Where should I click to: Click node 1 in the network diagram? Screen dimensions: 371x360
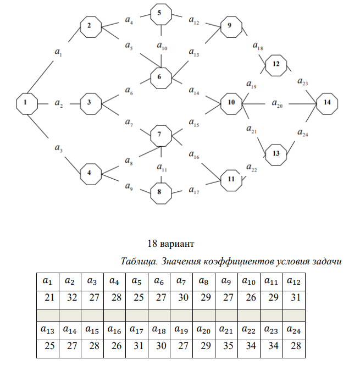tap(25, 103)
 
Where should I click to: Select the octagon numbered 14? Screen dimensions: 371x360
tap(327, 103)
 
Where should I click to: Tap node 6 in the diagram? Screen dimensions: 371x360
tap(159, 77)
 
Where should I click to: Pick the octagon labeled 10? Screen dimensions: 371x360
tap(231, 103)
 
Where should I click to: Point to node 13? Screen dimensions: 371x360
tap(276, 154)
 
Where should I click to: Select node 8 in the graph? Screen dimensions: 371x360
tap(160, 192)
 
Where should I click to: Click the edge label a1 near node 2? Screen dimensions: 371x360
tap(59, 53)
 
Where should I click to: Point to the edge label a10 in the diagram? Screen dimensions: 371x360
tap(162, 48)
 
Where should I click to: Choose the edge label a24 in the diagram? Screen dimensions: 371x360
tap(302, 133)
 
